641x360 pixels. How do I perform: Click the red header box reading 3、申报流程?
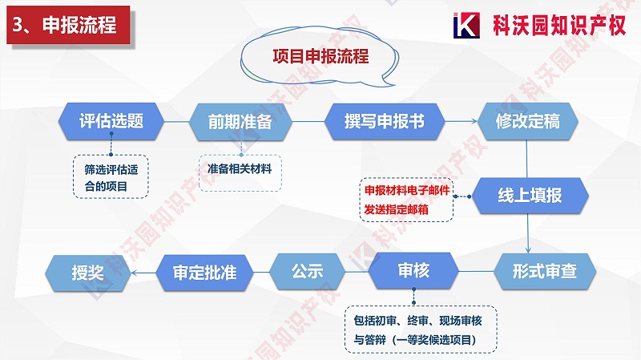tap(65, 25)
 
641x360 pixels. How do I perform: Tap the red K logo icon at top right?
tap(466, 25)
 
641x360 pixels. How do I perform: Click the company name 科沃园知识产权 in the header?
tap(557, 25)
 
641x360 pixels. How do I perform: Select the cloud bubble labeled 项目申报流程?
tap(320, 58)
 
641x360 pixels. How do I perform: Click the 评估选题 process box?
tap(111, 122)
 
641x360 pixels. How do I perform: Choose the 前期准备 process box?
tap(240, 122)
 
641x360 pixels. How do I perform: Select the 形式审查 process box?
tap(545, 272)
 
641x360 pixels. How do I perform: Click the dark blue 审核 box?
tap(413, 271)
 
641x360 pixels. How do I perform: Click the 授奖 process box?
tap(87, 272)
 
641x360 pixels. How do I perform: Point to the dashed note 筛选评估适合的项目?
tap(111, 177)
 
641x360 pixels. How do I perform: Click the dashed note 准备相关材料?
tap(240, 170)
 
